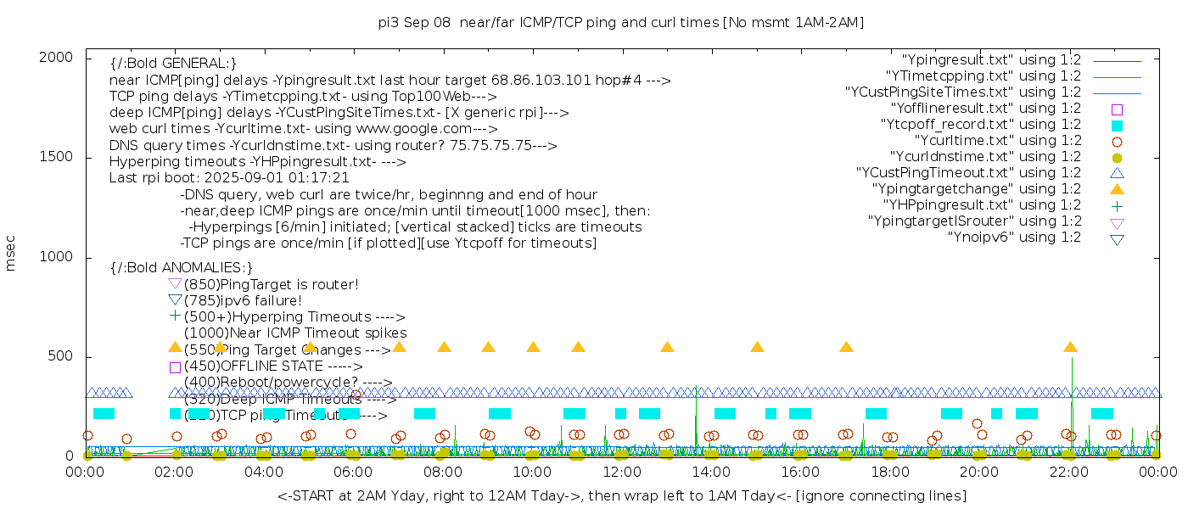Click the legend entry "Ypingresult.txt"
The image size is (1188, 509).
pyautogui.click(x=991, y=60)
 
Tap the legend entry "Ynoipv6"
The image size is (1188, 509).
pyautogui.click(x=1014, y=238)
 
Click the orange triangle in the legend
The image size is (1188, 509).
pyautogui.click(x=1117, y=189)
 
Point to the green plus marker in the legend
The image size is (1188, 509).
pyautogui.click(x=1117, y=205)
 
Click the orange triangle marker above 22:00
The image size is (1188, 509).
pyautogui.click(x=1070, y=347)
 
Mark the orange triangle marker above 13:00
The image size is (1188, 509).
pyautogui.click(x=667, y=347)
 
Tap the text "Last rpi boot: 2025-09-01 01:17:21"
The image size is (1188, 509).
pyautogui.click(x=229, y=178)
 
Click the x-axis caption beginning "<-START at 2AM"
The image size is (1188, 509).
pyautogui.click(x=621, y=495)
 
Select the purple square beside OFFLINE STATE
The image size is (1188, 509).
pyautogui.click(x=175, y=367)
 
